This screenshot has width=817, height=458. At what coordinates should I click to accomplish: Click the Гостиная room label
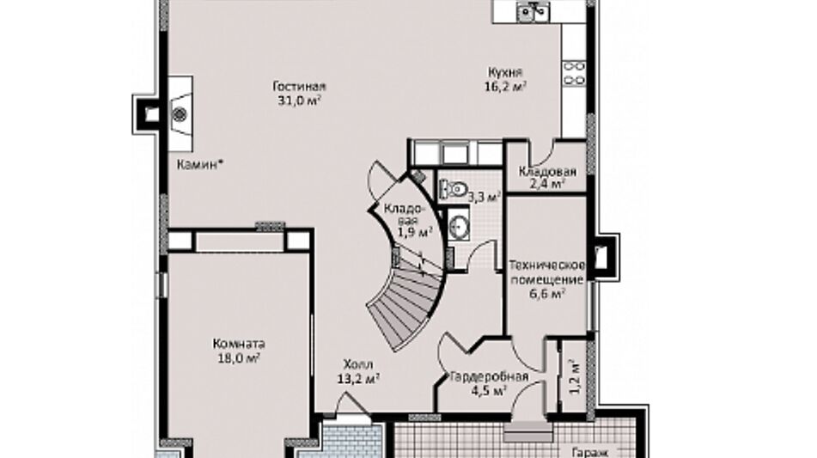(x=299, y=87)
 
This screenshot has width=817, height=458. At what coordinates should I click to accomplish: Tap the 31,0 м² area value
(x=299, y=101)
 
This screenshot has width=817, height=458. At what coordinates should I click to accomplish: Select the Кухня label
(x=505, y=72)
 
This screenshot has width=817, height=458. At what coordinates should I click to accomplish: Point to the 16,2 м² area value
(x=505, y=87)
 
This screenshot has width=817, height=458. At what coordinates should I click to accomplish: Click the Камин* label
(x=201, y=165)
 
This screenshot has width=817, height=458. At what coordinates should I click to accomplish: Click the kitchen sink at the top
(x=533, y=11)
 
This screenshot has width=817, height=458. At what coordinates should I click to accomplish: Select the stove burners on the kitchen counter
(x=574, y=73)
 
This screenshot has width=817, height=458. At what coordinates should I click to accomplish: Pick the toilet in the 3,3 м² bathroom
(x=454, y=189)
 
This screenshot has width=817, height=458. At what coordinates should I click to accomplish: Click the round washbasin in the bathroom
(x=459, y=227)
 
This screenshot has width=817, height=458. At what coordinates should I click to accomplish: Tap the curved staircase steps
(x=407, y=308)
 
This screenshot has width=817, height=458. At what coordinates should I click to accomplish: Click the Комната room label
(x=239, y=344)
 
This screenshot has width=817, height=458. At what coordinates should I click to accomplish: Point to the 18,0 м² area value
(x=239, y=358)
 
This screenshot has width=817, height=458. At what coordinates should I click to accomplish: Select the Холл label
(x=358, y=364)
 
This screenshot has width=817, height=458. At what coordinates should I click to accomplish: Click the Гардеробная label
(x=489, y=376)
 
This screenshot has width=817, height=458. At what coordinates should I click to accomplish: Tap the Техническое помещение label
(x=546, y=272)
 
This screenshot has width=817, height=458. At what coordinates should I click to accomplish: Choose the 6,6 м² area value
(x=547, y=294)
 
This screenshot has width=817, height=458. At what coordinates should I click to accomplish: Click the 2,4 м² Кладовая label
(x=547, y=178)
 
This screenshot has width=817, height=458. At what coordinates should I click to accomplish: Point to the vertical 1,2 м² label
(x=574, y=376)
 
